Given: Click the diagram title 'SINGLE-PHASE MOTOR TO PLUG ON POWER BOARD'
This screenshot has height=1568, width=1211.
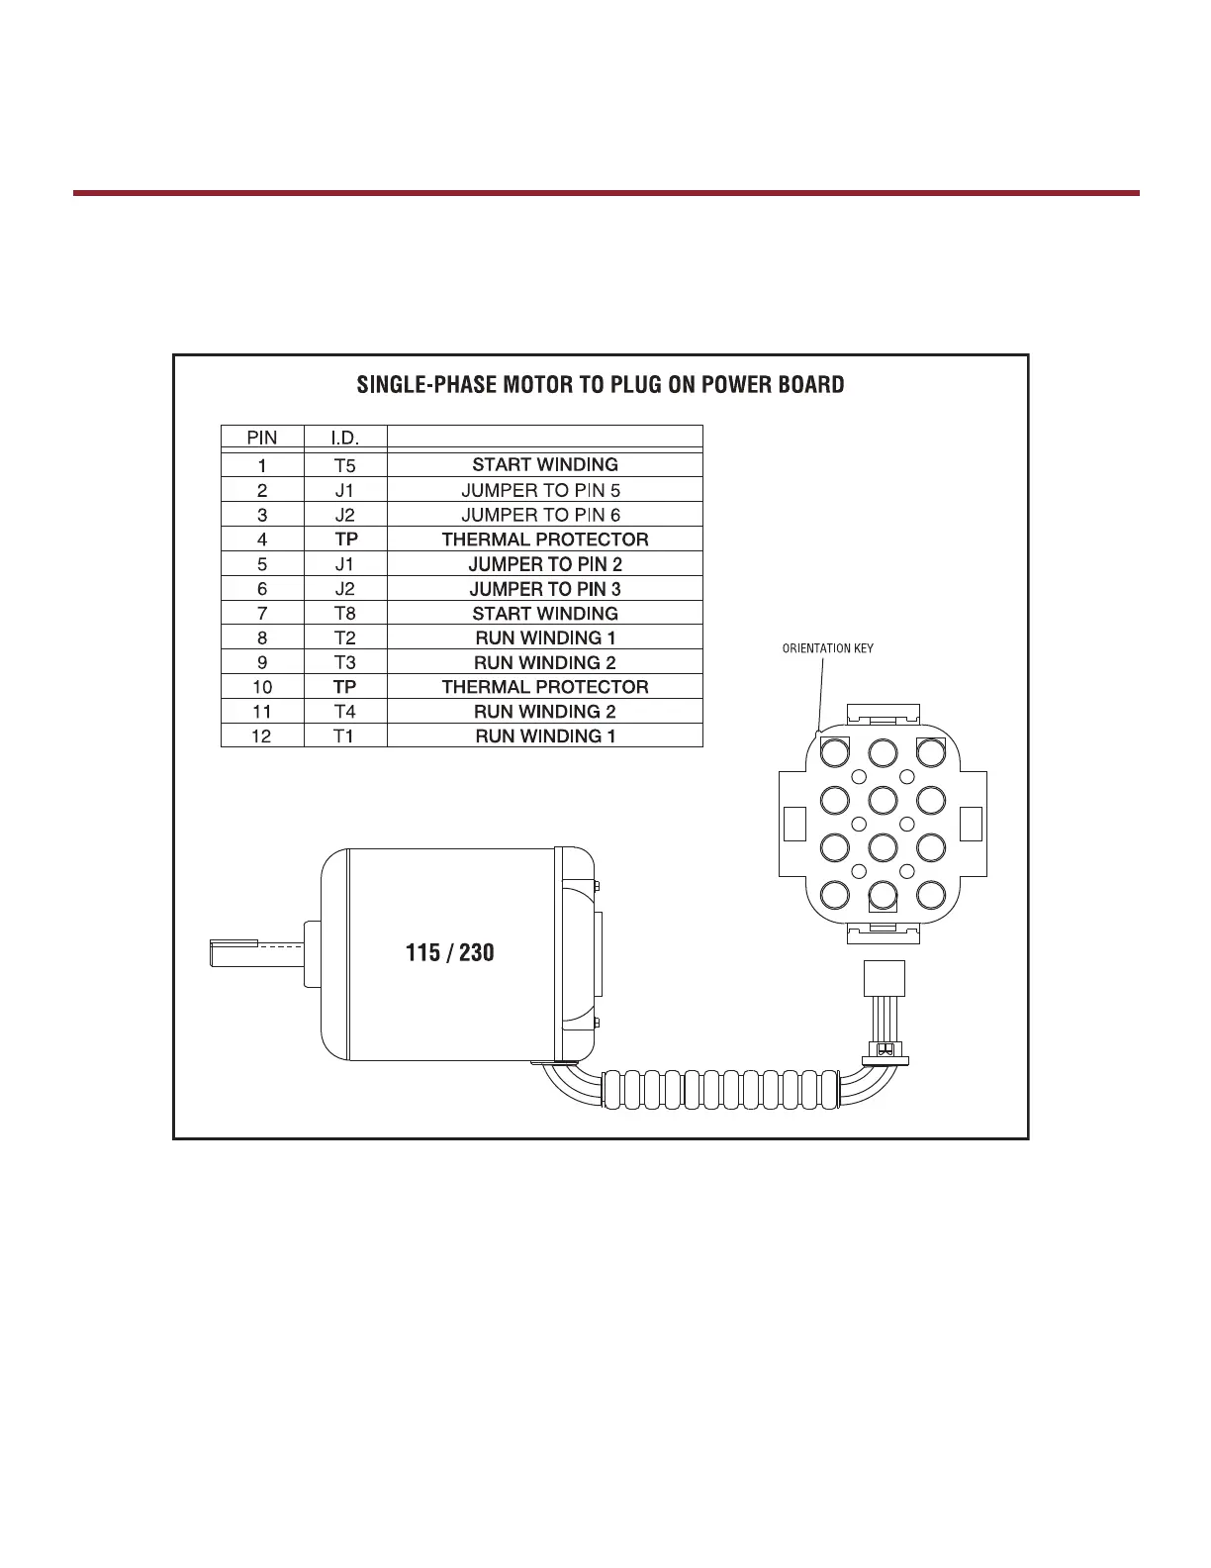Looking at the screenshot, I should coord(600,385).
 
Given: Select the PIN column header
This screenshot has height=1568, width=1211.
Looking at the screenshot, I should coord(261,438).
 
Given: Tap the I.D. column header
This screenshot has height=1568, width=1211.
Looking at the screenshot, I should coord(344,438).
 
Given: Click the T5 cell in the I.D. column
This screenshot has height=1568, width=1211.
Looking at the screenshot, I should coord(344,464).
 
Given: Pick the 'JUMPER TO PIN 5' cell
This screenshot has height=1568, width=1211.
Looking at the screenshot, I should coord(544,490).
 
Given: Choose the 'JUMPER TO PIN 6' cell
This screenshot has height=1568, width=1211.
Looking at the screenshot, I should coord(544,515).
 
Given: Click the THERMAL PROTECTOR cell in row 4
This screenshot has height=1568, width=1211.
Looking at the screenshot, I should coord(544,539).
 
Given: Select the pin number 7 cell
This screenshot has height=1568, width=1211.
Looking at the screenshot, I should coord(261,614).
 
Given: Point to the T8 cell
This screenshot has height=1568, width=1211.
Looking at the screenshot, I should coord(344,614).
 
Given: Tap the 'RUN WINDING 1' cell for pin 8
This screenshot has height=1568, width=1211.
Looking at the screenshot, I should coord(544,638).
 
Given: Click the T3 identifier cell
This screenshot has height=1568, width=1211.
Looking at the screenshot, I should coord(344,663).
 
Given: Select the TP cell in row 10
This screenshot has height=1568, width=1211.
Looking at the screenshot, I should coord(344,687).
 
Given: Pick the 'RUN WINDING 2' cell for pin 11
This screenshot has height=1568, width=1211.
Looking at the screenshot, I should coord(544,712).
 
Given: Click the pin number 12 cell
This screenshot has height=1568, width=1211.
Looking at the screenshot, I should coord(261,736).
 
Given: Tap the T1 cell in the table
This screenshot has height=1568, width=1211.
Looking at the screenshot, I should coord(344,736).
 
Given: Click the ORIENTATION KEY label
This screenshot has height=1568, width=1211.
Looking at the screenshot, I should coord(827,649).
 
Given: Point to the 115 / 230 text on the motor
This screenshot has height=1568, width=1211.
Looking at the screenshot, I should coord(449,952).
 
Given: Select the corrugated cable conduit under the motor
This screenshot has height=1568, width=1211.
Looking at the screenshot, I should coord(722,1088).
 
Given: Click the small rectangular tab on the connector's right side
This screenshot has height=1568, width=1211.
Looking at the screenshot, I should coord(971,824).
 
